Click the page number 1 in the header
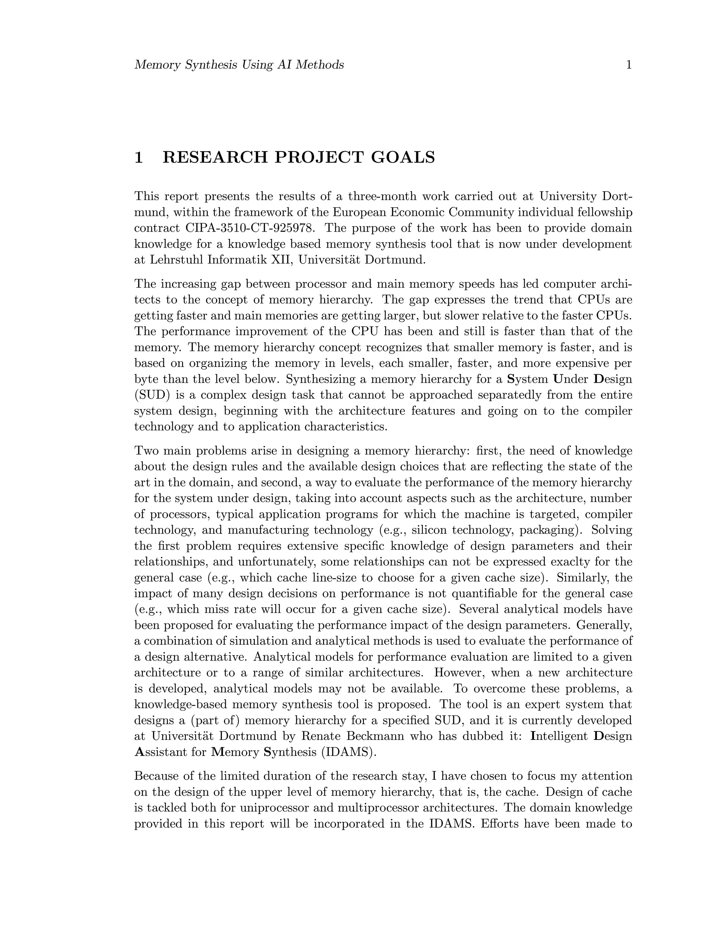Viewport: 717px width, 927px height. [629, 65]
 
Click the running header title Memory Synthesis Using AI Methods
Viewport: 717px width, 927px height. [239, 65]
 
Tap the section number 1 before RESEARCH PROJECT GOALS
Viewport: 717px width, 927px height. [139, 157]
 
